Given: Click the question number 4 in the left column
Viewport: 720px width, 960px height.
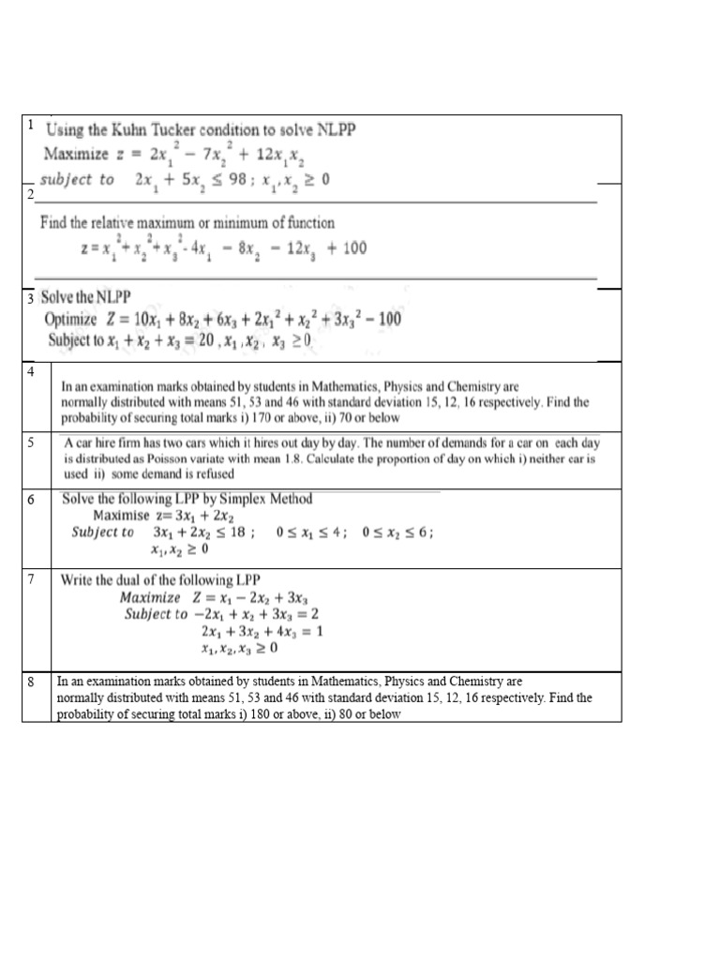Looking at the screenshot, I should tap(31, 372).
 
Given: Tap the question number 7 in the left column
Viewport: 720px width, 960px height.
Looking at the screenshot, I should tap(31, 578).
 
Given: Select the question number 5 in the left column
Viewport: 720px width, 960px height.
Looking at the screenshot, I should tap(31, 442).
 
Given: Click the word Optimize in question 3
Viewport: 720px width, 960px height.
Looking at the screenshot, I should tap(71, 320).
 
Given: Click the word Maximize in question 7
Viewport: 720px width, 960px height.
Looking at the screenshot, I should tap(150, 597).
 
